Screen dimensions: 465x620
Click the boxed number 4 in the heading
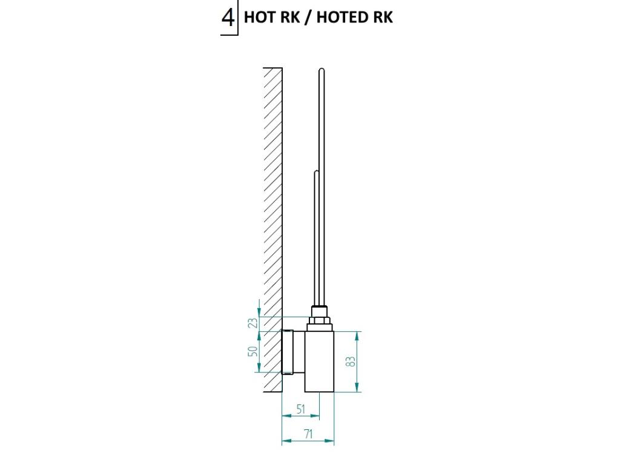(x=228, y=18)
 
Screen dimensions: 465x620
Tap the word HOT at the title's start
(x=257, y=18)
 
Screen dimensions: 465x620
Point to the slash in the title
(x=307, y=18)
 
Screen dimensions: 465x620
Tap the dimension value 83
(x=350, y=361)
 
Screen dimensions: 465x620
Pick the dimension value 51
(x=300, y=409)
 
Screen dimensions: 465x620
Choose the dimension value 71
(x=308, y=434)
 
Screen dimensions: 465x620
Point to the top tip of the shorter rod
(x=315, y=173)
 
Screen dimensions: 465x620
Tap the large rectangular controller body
(x=319, y=361)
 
